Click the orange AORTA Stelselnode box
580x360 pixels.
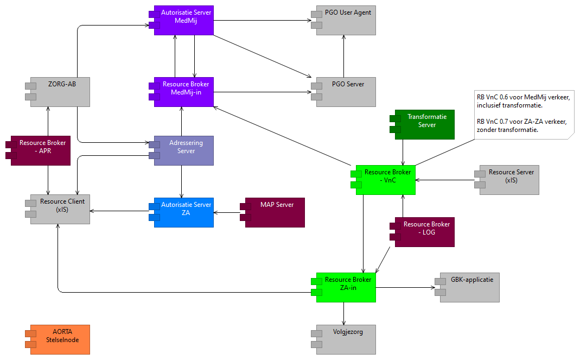tap(60, 339)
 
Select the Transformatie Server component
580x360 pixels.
tap(425, 124)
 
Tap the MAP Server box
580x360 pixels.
tap(275, 212)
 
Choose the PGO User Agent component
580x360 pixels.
tap(346, 21)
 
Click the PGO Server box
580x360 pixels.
tap(346, 91)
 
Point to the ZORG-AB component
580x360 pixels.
tap(60, 91)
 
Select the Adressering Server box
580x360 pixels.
tap(184, 150)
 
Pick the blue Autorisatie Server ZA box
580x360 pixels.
tap(184, 212)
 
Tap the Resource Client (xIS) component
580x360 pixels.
tap(60, 209)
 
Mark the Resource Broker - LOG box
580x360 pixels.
tap(425, 232)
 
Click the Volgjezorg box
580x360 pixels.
tap(346, 339)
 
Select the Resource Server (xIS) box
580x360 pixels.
tap(509, 180)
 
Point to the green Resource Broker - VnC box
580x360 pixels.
tap(385, 180)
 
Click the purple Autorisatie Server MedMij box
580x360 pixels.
tap(184, 21)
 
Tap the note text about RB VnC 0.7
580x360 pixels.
tap(521, 125)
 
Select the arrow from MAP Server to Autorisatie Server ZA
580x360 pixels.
tap(226, 213)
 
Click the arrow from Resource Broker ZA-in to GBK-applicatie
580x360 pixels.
tap(404, 287)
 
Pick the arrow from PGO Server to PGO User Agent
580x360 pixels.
tap(343, 56)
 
